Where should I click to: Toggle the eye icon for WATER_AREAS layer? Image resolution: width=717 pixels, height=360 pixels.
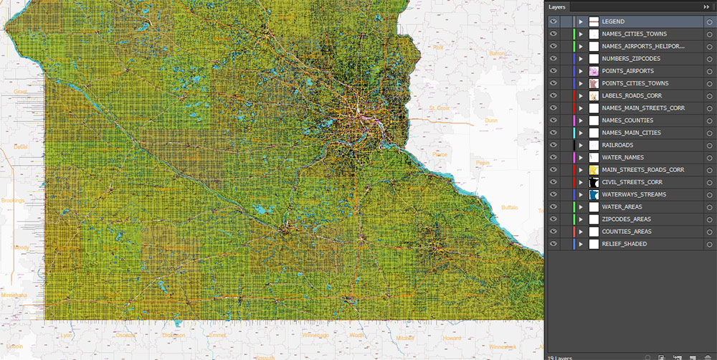tap(554, 207)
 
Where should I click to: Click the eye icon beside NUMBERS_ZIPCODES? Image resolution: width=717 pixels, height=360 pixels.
tap(554, 59)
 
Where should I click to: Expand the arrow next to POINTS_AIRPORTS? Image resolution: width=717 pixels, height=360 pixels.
tap(581, 71)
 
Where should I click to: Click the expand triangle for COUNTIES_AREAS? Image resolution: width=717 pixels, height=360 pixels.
tap(581, 232)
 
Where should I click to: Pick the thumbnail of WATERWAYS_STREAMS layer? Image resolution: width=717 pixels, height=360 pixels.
tap(594, 194)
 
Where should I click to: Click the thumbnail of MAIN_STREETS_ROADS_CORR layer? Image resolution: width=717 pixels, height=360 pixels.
tap(594, 170)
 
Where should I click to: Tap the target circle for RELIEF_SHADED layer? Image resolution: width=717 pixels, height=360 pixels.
tap(709, 244)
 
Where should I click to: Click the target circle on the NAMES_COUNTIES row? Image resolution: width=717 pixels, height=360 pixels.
tap(709, 120)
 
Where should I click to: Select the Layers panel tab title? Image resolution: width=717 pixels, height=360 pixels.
tap(557, 7)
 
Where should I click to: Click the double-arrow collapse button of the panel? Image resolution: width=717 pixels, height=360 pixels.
tap(707, 6)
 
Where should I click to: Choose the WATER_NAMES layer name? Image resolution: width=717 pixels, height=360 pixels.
tap(622, 157)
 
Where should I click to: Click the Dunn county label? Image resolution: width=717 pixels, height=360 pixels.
tap(491, 120)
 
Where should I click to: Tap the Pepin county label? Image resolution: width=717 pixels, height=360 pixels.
tap(483, 164)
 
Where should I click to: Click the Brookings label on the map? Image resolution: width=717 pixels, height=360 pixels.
tap(13, 201)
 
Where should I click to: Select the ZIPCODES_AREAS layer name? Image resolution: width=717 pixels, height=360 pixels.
tap(626, 219)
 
